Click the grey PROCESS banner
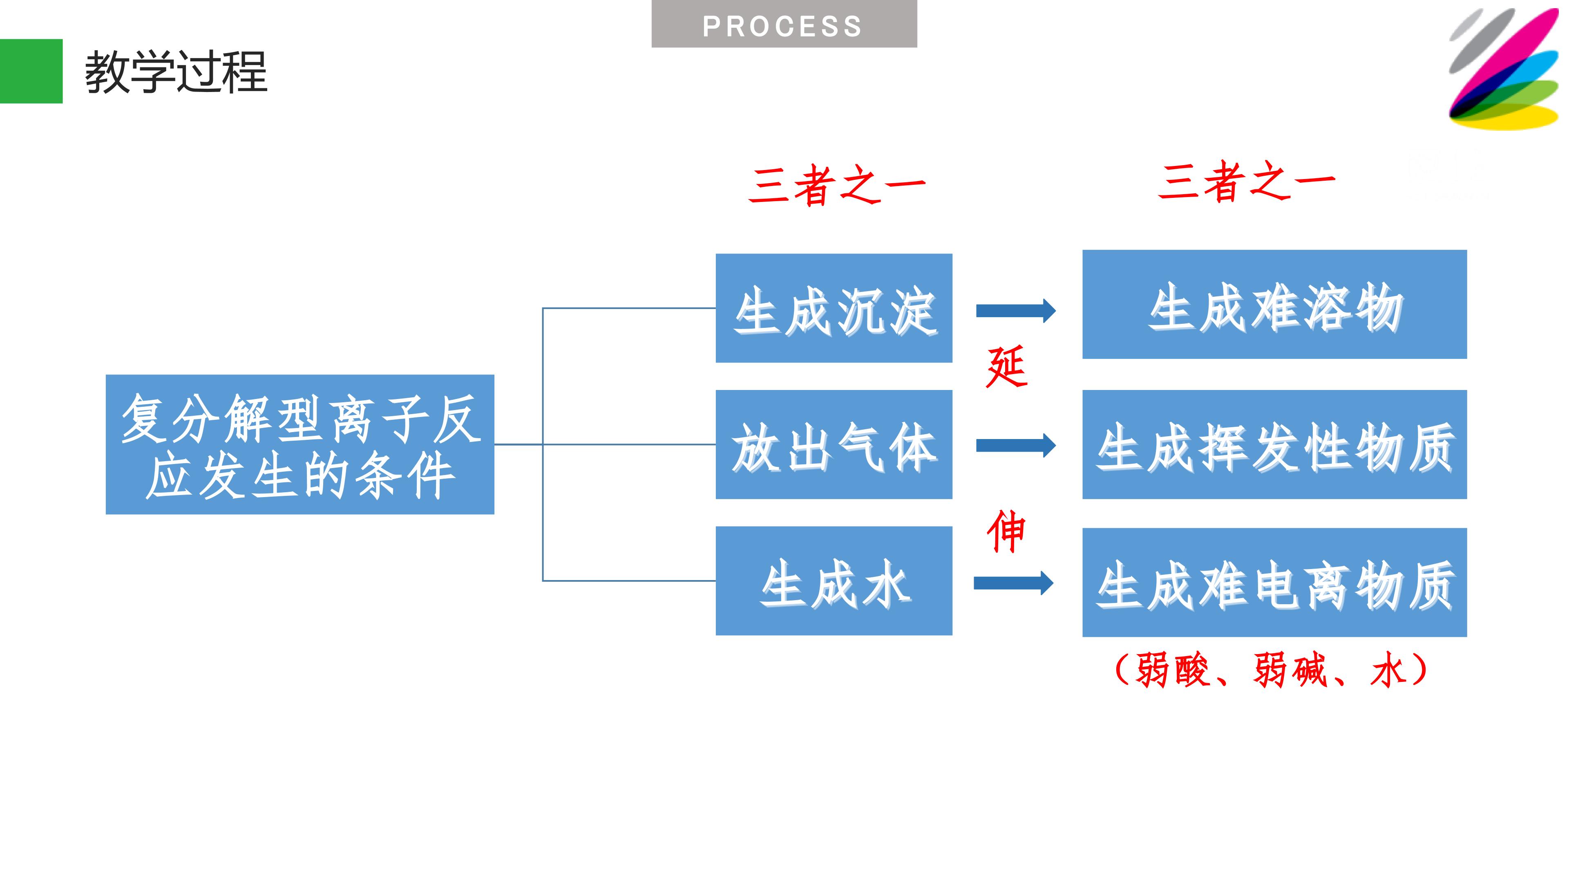coord(784,24)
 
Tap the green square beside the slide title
coord(31,71)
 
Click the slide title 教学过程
coord(176,72)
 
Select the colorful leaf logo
coord(1503,68)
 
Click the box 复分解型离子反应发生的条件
coord(299,444)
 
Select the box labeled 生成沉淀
coord(834,308)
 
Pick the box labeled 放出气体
coord(834,445)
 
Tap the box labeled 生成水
coord(834,581)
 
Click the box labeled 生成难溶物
coord(1274,304)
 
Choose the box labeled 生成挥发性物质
coord(1274,445)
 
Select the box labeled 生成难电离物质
coord(1274,583)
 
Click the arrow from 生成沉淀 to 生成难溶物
coord(1016,311)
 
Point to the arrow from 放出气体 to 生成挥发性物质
coord(1016,446)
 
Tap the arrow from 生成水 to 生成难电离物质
coord(1013,583)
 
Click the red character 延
coord(1007,366)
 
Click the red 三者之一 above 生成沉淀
coord(837,185)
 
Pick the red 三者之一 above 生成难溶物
coord(1246,181)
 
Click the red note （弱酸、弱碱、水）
coord(1271,670)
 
